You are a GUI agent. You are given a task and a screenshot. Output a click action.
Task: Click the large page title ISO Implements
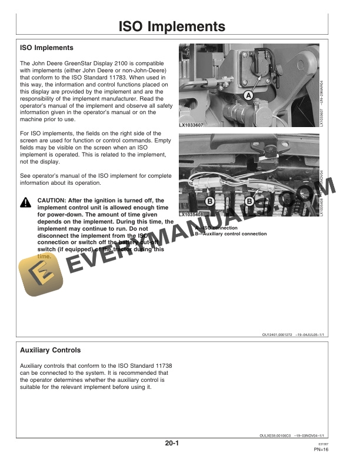tap(172, 27)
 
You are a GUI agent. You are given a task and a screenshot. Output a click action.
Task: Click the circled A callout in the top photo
tap(248, 95)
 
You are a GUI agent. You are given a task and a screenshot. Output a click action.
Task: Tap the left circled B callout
tap(209, 202)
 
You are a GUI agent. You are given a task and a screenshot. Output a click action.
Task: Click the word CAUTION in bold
tap(53, 200)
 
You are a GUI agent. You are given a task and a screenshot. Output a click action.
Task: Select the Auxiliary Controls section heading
tap(51, 351)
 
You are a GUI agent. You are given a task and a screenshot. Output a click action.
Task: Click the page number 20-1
tap(172, 444)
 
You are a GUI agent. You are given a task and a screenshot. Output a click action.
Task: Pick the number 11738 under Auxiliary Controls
tap(159, 365)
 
